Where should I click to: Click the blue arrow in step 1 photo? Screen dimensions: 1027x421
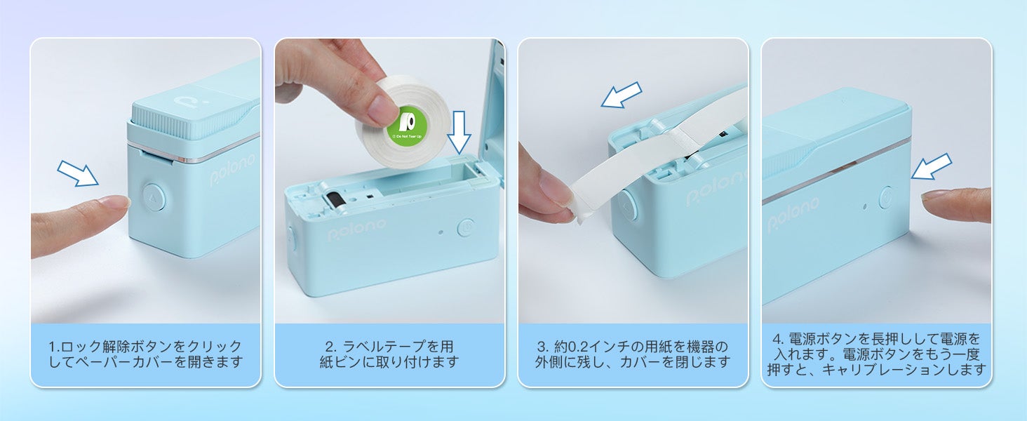78,173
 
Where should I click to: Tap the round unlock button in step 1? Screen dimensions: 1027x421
154,198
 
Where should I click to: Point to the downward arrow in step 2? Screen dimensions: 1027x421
459,132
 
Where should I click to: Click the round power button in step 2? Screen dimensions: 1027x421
466,227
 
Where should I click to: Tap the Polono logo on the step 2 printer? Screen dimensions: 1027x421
357,229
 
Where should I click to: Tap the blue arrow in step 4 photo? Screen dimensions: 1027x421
931,166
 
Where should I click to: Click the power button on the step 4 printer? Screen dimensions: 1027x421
886,197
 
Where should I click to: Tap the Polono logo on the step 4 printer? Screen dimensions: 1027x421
793,215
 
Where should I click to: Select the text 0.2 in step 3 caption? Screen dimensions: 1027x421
579,347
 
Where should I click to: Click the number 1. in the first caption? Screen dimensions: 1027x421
54,347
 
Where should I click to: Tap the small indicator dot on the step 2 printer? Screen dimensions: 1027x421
441,232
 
